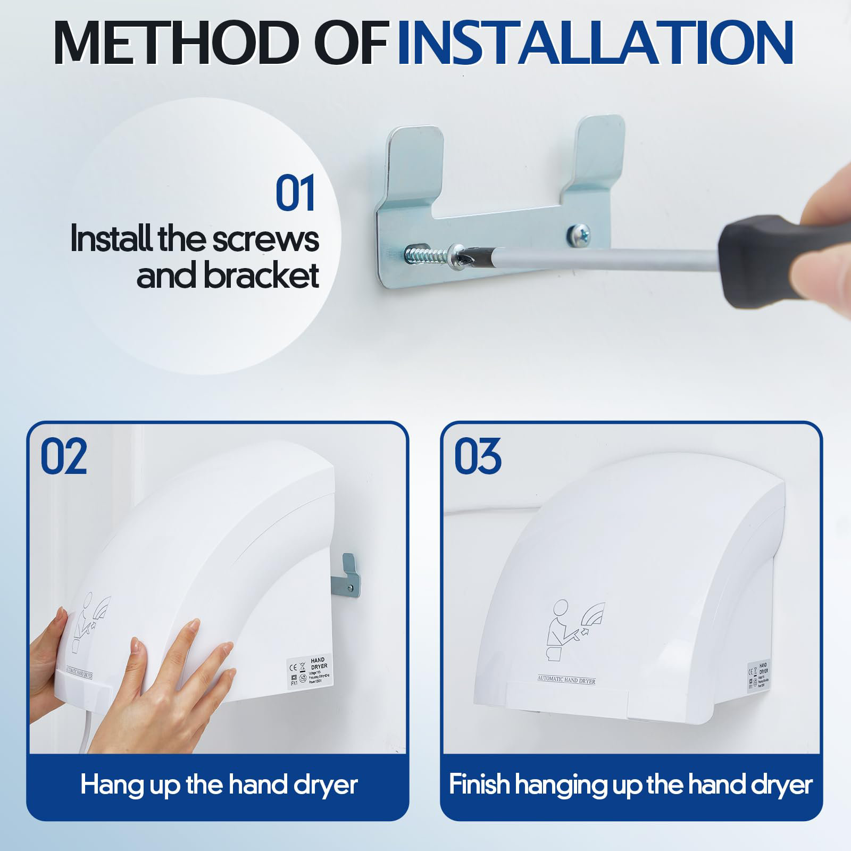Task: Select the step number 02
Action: (64, 456)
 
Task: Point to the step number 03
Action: (477, 456)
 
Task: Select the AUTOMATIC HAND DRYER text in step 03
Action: (566, 680)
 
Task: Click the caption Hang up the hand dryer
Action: (219, 785)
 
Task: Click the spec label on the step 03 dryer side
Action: (758, 675)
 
